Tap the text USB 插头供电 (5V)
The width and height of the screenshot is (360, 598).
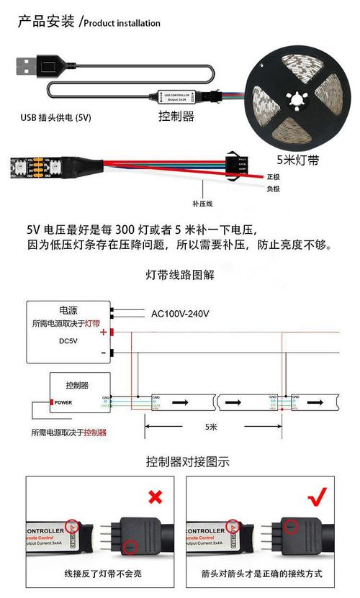pyautogui.click(x=56, y=117)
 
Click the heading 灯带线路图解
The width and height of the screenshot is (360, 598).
pyautogui.click(x=180, y=274)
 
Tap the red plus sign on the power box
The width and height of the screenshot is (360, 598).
pyautogui.click(x=104, y=332)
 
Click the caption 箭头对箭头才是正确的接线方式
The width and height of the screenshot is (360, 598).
pyautogui.click(x=262, y=574)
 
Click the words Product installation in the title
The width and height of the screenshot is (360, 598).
pyautogui.click(x=122, y=23)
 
